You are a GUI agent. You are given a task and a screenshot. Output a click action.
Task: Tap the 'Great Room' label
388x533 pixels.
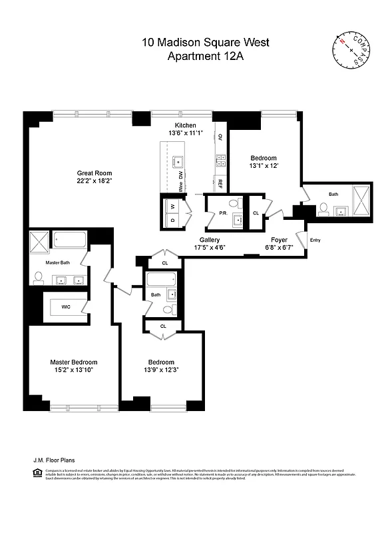pyautogui.click(x=93, y=171)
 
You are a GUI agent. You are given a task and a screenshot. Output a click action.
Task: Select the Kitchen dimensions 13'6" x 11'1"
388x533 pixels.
pyautogui.click(x=185, y=133)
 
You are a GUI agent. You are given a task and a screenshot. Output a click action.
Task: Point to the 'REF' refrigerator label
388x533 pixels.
pyautogui.click(x=219, y=182)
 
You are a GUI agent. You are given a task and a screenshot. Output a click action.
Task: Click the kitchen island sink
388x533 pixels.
pyautogui.click(x=178, y=161)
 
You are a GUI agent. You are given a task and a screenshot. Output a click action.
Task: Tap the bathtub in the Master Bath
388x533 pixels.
pyautogui.click(x=67, y=240)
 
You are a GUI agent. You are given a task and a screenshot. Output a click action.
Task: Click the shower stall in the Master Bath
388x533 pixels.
pyautogui.click(x=39, y=240)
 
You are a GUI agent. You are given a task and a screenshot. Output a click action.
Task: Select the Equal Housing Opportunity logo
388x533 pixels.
pyautogui.click(x=37, y=473)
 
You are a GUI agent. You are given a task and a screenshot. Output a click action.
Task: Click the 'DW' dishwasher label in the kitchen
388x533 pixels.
pyautogui.click(x=180, y=175)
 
